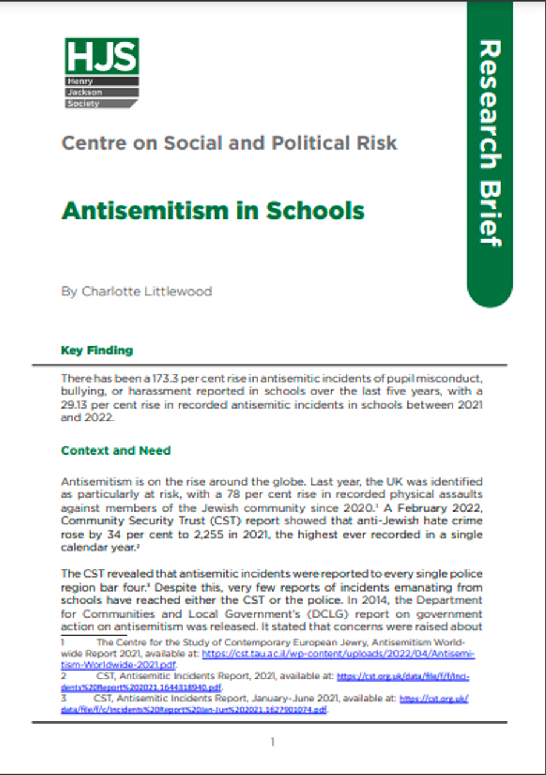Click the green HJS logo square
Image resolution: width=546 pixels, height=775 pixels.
[x=102, y=56]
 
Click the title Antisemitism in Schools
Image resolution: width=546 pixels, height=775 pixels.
[x=212, y=211]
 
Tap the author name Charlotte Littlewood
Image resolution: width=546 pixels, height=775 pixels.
[x=146, y=291]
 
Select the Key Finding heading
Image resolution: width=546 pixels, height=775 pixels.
[x=97, y=350]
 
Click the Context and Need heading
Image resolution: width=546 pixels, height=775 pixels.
[x=116, y=450]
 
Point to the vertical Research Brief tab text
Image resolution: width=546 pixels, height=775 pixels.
[x=490, y=143]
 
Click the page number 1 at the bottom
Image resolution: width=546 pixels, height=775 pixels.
[x=272, y=742]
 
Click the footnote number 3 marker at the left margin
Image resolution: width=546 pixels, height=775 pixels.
[x=64, y=698]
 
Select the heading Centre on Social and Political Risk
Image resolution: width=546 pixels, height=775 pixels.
[x=229, y=143]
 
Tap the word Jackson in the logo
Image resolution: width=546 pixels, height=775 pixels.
[x=85, y=92]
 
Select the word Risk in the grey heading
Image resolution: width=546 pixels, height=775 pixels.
[x=374, y=143]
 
